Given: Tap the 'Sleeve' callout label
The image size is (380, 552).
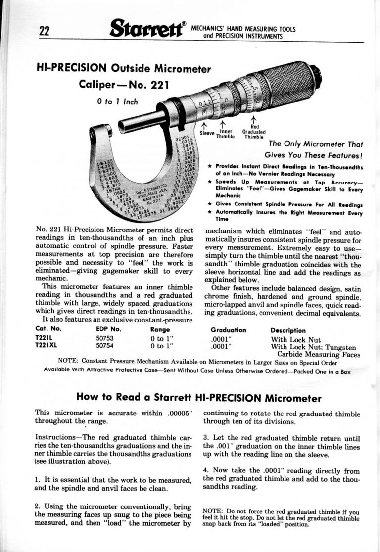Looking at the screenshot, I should (x=206, y=133).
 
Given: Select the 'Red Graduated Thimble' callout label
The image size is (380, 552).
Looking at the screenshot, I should (x=253, y=132).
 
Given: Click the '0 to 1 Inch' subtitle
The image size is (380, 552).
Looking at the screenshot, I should (x=118, y=102).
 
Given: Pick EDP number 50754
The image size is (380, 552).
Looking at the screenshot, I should (x=105, y=346).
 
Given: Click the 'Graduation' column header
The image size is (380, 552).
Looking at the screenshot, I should (x=228, y=330).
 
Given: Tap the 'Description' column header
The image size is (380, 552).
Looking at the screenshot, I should (x=288, y=330).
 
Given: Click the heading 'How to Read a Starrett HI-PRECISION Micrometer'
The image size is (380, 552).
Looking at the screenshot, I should (x=199, y=398).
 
